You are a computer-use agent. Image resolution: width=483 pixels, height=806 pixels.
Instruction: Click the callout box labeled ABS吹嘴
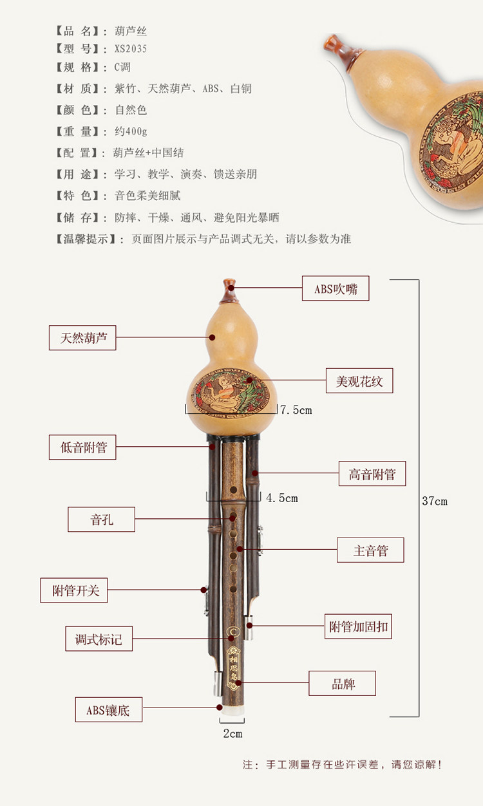[336, 288]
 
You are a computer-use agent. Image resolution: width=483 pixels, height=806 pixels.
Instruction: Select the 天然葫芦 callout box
[82, 337]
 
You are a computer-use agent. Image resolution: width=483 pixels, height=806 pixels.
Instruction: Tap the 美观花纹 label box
[359, 380]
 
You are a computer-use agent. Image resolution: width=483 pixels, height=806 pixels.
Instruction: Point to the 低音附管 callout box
[82, 447]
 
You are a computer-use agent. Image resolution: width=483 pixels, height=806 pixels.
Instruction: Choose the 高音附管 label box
[372, 474]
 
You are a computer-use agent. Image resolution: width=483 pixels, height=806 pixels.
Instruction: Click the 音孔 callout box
[101, 520]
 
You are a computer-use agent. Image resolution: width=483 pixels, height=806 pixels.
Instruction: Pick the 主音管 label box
[370, 550]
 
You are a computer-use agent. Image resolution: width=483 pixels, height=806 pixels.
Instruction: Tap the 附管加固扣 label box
[358, 626]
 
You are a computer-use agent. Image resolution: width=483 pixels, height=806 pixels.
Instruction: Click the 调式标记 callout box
[99, 639]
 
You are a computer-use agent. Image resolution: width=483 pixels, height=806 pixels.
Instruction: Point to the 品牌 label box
[342, 684]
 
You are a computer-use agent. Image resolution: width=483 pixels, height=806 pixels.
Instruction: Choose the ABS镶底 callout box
[108, 709]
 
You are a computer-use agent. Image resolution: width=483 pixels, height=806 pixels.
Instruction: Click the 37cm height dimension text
[435, 501]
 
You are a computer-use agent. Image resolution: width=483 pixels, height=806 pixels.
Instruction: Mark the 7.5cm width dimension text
[296, 410]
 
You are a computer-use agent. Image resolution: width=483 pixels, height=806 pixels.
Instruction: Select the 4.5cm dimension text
[281, 498]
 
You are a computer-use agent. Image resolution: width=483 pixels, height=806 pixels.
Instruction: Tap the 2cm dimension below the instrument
[232, 734]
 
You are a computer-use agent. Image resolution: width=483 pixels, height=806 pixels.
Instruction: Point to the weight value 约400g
[131, 131]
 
